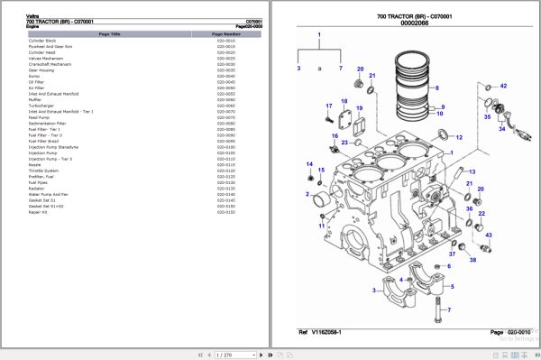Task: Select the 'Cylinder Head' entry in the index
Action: click(x=42, y=53)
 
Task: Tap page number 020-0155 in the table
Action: click(x=225, y=212)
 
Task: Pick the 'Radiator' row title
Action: click(x=38, y=188)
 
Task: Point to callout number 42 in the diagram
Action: click(x=503, y=86)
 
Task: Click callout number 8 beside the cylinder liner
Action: click(x=438, y=88)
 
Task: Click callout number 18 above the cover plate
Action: click(x=344, y=101)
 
